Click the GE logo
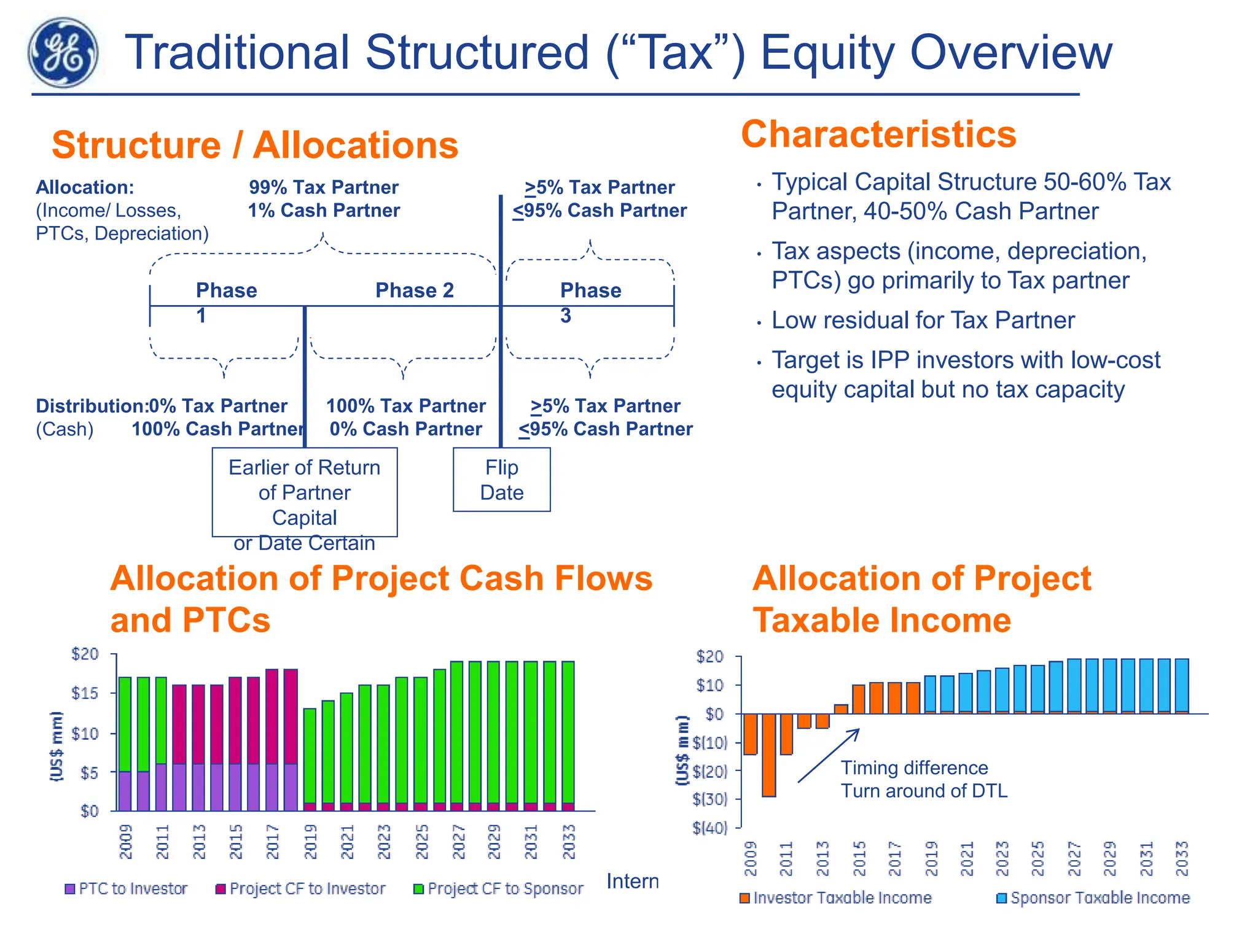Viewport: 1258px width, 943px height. click(x=63, y=53)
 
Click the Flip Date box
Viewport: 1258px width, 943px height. click(x=501, y=479)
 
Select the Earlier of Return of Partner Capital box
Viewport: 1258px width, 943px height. click(x=304, y=492)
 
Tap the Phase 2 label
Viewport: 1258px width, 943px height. click(x=415, y=290)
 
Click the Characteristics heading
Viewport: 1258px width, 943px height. click(x=878, y=134)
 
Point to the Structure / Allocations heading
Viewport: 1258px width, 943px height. click(x=255, y=146)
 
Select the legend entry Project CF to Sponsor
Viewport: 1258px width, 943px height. click(x=498, y=889)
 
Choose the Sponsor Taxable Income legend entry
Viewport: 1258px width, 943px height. click(x=1093, y=898)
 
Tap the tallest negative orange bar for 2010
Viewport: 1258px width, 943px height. click(x=768, y=755)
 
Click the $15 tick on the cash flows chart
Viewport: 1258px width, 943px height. click(x=85, y=693)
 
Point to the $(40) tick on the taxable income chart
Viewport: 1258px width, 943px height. click(x=710, y=828)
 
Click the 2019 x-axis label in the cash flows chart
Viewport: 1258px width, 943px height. click(x=311, y=842)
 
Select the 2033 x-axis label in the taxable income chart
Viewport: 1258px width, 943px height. click(x=1182, y=858)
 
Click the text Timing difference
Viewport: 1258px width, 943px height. click(x=914, y=768)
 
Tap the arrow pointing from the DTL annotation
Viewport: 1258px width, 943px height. click(x=828, y=756)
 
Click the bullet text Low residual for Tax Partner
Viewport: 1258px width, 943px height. click(x=923, y=320)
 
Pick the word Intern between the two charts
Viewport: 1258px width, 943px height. click(x=632, y=882)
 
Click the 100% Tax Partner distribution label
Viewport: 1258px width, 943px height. click(x=405, y=406)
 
